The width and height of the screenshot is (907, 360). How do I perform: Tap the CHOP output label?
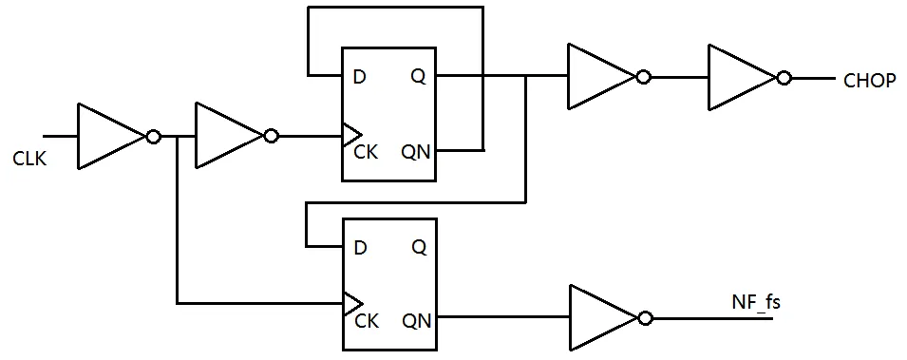coord(869,82)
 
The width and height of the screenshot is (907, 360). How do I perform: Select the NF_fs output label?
coord(755,303)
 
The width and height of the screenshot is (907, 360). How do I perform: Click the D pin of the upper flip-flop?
coord(359,77)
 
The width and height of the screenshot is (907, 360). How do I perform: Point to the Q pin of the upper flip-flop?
coord(418,77)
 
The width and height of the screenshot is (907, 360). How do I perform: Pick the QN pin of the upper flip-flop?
coord(415,150)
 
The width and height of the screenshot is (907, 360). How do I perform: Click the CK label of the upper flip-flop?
coord(366,150)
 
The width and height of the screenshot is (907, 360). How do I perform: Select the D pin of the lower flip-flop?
coord(359,247)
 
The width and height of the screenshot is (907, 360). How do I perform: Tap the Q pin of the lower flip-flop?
coord(418,247)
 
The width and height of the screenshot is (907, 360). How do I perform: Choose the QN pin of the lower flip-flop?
coord(415,321)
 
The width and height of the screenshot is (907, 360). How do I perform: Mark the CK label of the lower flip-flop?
coord(366,321)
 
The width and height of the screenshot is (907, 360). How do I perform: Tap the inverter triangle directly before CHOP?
coord(739,78)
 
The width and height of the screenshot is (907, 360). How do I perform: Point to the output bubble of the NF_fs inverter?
coord(646,317)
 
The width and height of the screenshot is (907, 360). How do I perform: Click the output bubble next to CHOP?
coord(784,78)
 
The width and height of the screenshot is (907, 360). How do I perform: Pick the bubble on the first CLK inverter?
coord(153,137)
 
